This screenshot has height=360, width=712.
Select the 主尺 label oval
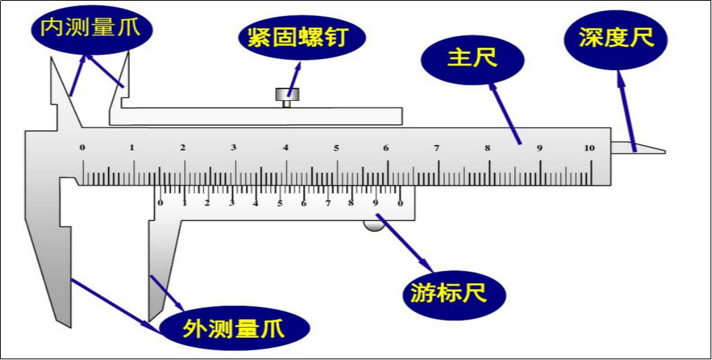click(473, 57)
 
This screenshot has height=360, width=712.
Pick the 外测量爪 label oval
click(234, 325)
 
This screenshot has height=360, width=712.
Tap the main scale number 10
click(589, 148)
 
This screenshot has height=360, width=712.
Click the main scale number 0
click(82, 148)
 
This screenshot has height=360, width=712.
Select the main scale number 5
click(336, 148)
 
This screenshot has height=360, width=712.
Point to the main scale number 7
click(437, 148)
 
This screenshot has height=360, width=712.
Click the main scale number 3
click(233, 148)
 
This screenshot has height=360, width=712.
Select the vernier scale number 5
click(279, 202)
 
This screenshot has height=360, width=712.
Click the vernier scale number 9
click(375, 202)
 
